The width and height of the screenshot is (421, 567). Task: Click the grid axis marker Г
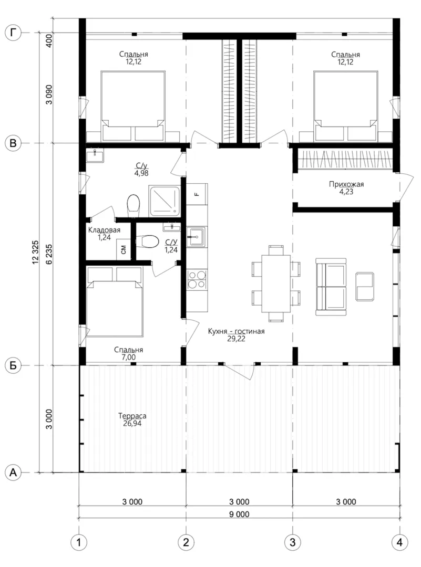pyautogui.click(x=13, y=33)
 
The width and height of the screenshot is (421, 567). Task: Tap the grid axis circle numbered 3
pyautogui.click(x=292, y=542)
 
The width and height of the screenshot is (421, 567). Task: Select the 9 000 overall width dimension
pyautogui.click(x=239, y=514)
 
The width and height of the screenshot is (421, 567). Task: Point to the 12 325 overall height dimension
pyautogui.click(x=35, y=252)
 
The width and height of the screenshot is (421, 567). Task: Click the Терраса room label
pyautogui.click(x=132, y=416)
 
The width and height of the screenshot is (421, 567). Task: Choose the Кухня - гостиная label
pyautogui.click(x=236, y=331)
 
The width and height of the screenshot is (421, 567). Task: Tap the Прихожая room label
pyautogui.click(x=346, y=184)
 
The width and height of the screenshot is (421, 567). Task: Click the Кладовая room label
pyautogui.click(x=104, y=230)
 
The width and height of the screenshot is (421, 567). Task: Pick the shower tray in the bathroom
pyautogui.click(x=165, y=201)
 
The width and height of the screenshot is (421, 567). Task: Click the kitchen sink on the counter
pyautogui.click(x=197, y=237)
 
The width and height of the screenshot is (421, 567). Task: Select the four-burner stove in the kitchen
pyautogui.click(x=197, y=279)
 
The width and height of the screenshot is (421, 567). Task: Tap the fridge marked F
pyautogui.click(x=197, y=194)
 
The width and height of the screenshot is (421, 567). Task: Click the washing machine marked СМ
pyautogui.click(x=124, y=249)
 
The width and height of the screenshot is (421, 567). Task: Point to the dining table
pyautogui.click(x=276, y=283)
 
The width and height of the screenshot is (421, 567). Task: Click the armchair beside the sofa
pyautogui.click(x=365, y=287)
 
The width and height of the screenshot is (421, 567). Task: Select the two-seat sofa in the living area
pyautogui.click(x=331, y=287)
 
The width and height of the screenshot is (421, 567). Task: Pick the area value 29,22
pyautogui.click(x=236, y=339)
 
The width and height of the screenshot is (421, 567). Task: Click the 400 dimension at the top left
pyautogui.click(x=49, y=40)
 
